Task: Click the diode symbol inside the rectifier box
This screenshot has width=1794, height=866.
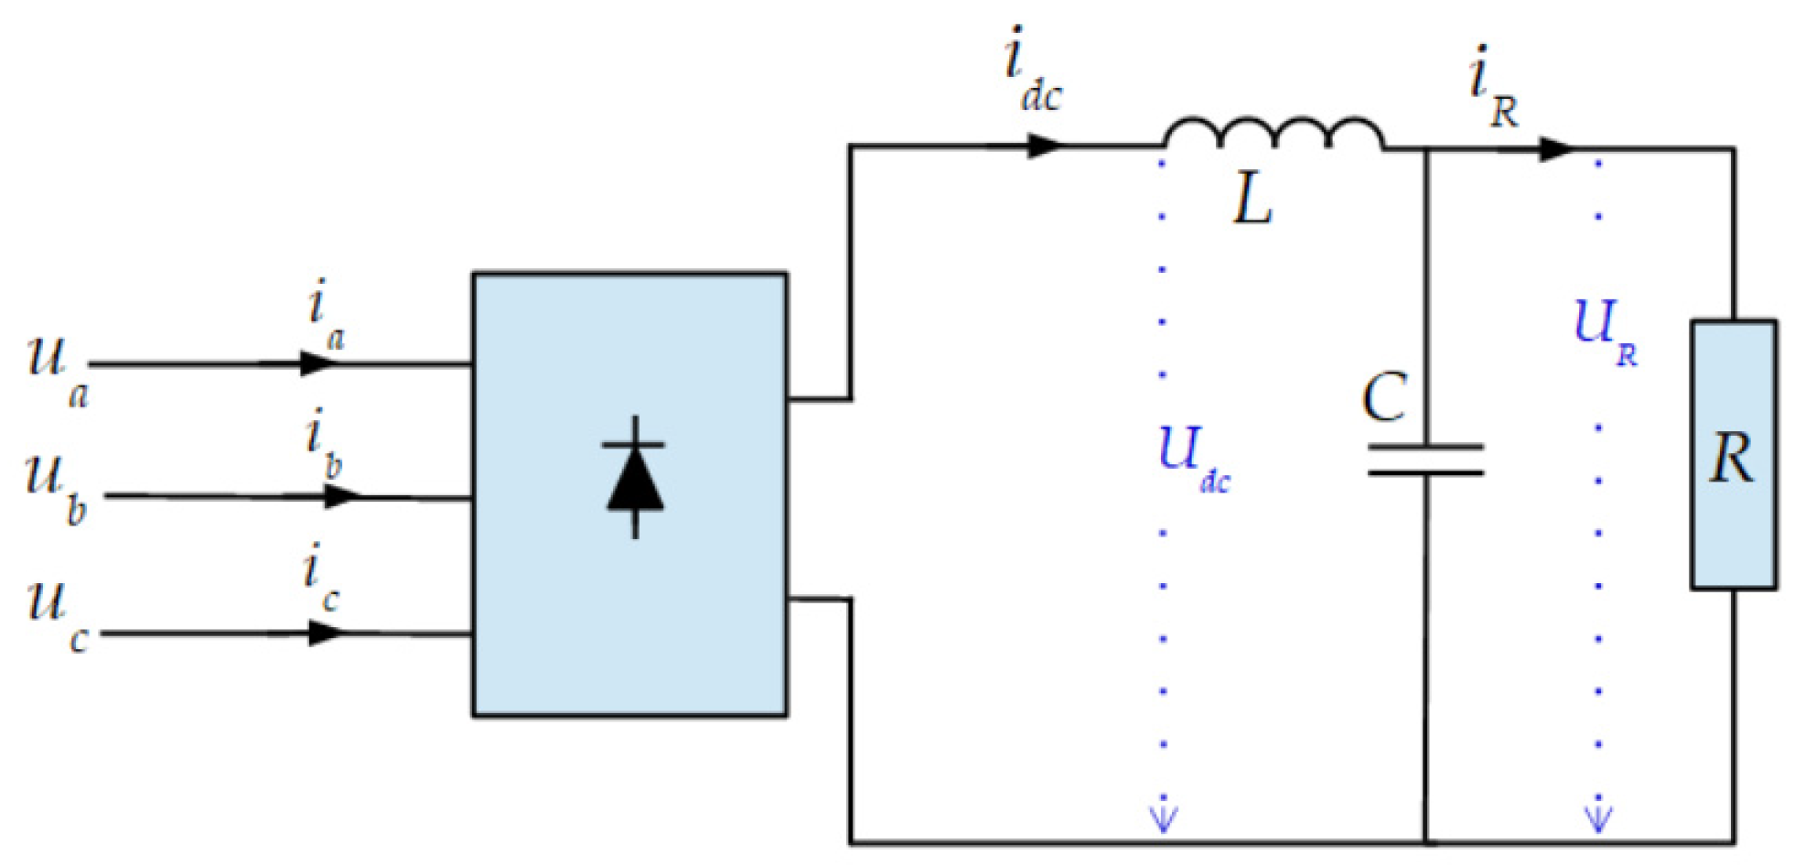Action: pyautogui.click(x=635, y=477)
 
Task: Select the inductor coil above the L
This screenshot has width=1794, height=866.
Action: pyautogui.click(x=1273, y=134)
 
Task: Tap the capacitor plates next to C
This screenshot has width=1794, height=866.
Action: pyautogui.click(x=1425, y=460)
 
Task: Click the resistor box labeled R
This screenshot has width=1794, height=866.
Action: pyautogui.click(x=1734, y=455)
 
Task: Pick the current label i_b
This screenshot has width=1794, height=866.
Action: pyautogui.click(x=323, y=444)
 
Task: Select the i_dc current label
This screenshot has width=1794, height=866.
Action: pyautogui.click(x=1031, y=71)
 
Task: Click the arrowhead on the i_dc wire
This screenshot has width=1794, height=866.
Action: pyautogui.click(x=1043, y=146)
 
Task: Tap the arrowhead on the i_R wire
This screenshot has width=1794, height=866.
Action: pyautogui.click(x=1554, y=148)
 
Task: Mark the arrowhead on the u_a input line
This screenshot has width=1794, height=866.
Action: pyautogui.click(x=318, y=363)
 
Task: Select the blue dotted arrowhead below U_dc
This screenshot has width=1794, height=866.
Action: pyautogui.click(x=1163, y=818)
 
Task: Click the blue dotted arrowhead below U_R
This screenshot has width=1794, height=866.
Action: pyautogui.click(x=1598, y=818)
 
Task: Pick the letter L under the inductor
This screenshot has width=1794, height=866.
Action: pyautogui.click(x=1252, y=200)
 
